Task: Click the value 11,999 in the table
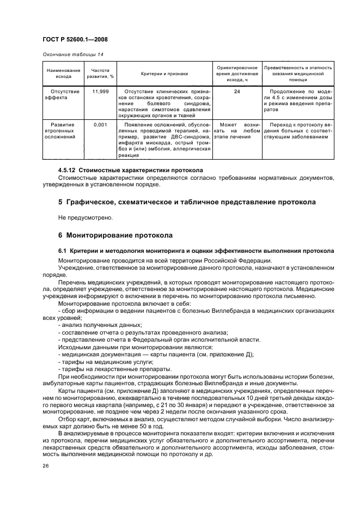pyautogui.click(x=100, y=92)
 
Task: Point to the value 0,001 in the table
pyautogui.click(x=100, y=125)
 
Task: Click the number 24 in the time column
pyautogui.click(x=237, y=92)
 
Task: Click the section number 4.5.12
pyautogui.click(x=69, y=169)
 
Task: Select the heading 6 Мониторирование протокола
pyautogui.click(x=115, y=236)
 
